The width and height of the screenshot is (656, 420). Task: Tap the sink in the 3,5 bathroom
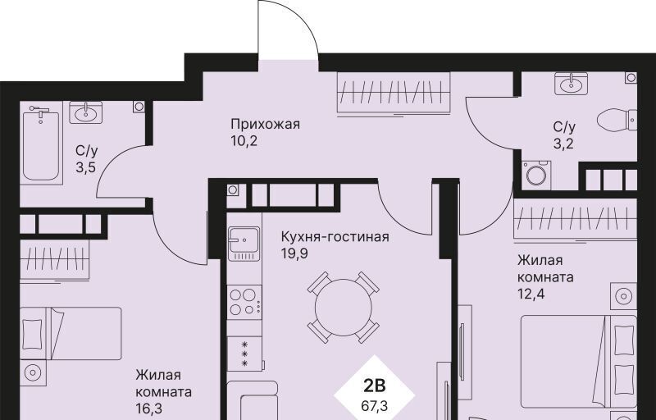tap(86, 112)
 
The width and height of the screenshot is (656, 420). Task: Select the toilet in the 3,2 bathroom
tap(617, 120)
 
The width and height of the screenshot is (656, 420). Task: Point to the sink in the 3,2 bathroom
tap(571, 83)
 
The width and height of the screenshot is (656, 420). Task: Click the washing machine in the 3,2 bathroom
tap(536, 175)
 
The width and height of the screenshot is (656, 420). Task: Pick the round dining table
tap(343, 308)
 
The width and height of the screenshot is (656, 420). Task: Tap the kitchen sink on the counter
tap(244, 244)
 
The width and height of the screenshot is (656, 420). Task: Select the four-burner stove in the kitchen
tap(244, 302)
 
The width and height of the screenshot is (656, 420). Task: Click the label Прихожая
tap(265, 124)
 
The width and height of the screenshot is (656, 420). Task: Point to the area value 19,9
tap(294, 253)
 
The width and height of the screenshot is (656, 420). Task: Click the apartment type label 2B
tap(374, 386)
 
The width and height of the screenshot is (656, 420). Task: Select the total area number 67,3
tap(374, 405)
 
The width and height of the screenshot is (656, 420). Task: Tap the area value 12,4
tap(531, 294)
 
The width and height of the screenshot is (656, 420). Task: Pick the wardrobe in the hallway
tap(394, 92)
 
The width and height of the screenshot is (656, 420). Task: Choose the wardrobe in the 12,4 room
tap(576, 219)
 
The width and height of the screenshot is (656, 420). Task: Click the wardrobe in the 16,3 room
tap(55, 260)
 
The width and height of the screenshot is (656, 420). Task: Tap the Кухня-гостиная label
tap(335, 237)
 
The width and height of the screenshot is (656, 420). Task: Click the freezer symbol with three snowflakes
tap(244, 354)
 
